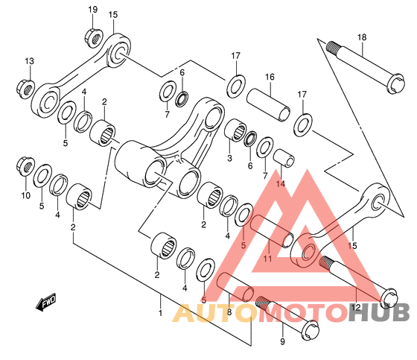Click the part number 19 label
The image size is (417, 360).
93,10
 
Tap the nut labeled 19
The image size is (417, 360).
94,39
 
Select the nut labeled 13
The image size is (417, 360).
25,89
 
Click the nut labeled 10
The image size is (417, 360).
25,166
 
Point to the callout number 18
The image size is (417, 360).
362,37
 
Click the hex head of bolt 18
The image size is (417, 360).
396,83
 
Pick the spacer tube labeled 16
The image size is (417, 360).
268,105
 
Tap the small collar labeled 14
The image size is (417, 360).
284,159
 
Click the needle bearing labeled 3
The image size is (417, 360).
235,130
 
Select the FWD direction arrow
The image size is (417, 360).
46,302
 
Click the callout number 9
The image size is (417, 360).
282,341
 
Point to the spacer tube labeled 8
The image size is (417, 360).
235,287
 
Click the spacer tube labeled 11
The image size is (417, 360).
272,231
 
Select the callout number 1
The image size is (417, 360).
160,312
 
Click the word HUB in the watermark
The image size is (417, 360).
379,312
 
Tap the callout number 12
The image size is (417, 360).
356,308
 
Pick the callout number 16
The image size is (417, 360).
270,77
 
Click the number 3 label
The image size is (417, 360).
229,158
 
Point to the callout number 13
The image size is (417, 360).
30,61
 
